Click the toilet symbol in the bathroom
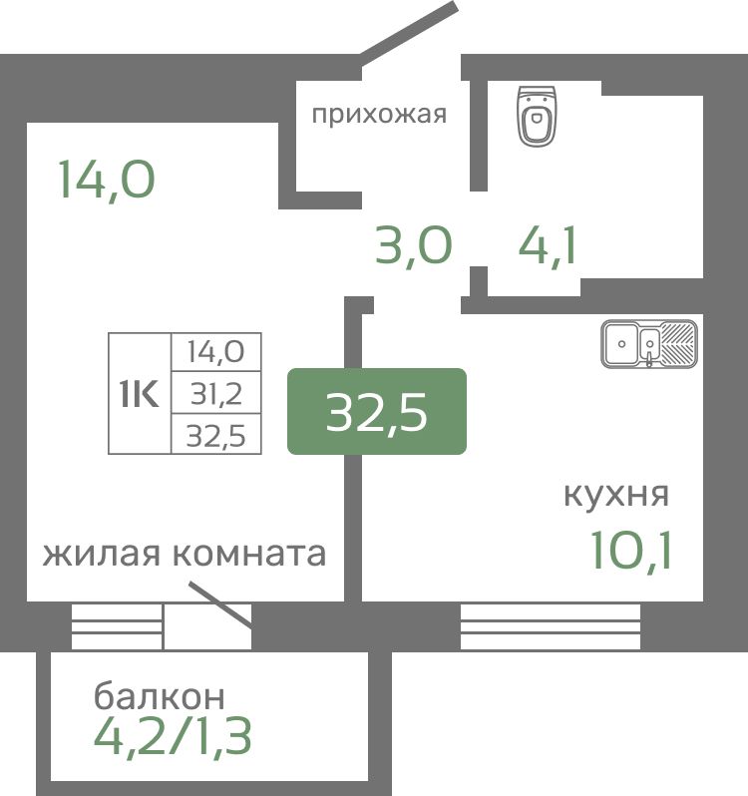[537, 116]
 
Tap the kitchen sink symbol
[649, 344]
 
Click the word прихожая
[379, 115]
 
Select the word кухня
[616, 494]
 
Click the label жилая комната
[185, 554]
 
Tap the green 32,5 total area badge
[377, 411]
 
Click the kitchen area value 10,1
[631, 550]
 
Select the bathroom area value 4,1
[548, 245]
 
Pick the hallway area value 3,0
[414, 245]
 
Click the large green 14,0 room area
[107, 179]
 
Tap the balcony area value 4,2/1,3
[174, 737]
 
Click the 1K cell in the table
[140, 393]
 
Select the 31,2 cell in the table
[216, 393]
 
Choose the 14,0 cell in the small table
[216, 351]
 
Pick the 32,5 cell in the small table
[216, 435]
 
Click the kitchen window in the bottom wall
[551, 626]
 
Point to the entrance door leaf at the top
[409, 34]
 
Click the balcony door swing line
[220, 604]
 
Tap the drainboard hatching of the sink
[677, 344]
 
